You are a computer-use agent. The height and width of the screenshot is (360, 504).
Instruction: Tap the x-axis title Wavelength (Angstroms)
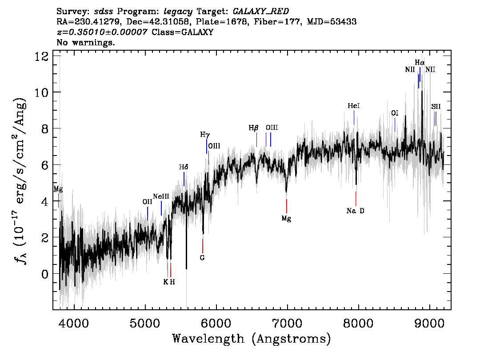tap(252, 339)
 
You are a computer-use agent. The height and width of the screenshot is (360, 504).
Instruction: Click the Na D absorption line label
tap(355, 211)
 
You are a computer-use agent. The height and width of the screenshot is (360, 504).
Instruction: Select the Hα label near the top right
tap(420, 62)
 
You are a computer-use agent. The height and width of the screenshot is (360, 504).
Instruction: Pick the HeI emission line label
tap(353, 106)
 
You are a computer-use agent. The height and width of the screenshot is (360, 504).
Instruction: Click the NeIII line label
tap(161, 196)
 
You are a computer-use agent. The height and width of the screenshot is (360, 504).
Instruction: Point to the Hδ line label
tap(184, 167)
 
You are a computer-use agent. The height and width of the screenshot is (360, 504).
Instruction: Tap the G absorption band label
tap(202, 258)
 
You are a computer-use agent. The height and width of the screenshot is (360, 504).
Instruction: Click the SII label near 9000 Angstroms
tap(436, 107)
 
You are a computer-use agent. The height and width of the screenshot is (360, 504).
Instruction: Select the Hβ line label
tap(253, 128)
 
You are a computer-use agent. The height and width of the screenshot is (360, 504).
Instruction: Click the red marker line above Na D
tap(356, 198)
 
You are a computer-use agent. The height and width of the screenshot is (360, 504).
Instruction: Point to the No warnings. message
tap(86, 43)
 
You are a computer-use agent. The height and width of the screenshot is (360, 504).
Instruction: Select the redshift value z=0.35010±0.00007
tap(102, 32)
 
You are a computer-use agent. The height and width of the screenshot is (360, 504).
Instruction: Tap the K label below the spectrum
tap(166, 282)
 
